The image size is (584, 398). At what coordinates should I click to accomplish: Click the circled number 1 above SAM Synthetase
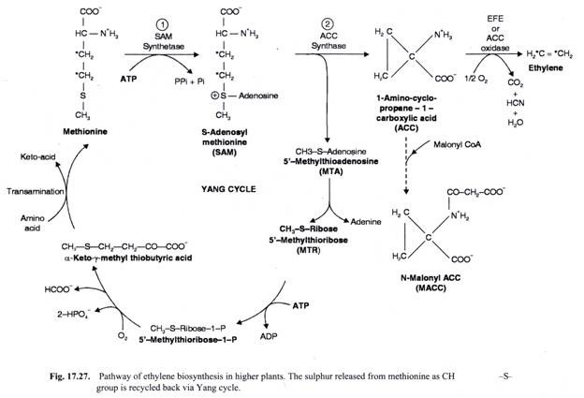click(x=163, y=25)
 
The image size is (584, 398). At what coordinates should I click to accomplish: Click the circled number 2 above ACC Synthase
click(x=328, y=24)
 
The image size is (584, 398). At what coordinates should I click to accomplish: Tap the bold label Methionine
click(x=85, y=131)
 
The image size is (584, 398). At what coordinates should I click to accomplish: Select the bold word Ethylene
click(x=546, y=67)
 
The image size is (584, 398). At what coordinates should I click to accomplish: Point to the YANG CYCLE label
click(x=228, y=189)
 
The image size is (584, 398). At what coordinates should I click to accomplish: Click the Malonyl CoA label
click(x=457, y=144)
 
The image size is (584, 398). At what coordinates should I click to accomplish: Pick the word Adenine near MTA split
click(x=366, y=222)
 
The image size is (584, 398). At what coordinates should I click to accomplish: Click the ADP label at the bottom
click(x=269, y=336)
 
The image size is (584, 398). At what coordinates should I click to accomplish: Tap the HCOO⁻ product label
click(x=59, y=289)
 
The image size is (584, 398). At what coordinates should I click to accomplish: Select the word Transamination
click(x=36, y=192)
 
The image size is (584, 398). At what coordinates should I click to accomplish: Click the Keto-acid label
click(x=37, y=157)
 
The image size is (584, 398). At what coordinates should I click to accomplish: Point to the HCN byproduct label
click(x=516, y=103)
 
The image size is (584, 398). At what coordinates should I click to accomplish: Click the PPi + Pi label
click(x=190, y=81)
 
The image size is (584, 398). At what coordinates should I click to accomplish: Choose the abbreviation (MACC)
click(x=431, y=288)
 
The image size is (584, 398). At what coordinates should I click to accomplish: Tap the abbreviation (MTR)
click(x=309, y=250)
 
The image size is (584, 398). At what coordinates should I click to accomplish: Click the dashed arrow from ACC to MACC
click(x=406, y=165)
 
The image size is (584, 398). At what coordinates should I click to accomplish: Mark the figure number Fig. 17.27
click(x=70, y=376)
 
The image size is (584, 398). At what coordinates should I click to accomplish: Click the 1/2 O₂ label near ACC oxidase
click(x=475, y=79)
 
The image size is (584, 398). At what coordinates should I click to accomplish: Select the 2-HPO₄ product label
click(x=73, y=315)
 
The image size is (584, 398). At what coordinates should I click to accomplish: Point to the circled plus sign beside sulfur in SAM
click(x=215, y=96)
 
